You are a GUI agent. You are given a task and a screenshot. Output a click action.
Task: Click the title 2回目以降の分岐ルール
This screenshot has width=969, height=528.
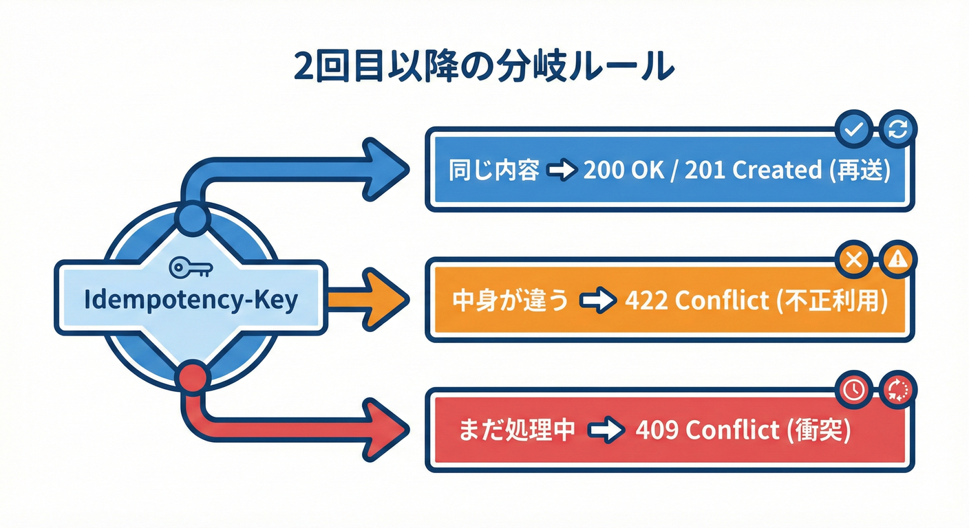(484, 66)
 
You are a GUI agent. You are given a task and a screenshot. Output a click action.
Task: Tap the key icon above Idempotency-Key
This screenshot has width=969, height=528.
(191, 268)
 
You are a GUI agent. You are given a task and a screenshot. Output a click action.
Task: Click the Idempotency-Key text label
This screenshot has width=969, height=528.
(191, 300)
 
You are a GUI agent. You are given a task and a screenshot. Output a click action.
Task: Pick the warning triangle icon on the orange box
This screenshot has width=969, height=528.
(898, 260)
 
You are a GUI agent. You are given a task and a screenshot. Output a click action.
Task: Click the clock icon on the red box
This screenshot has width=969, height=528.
(853, 390)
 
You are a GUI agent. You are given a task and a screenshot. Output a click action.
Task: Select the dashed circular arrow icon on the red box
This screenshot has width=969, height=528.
(898, 390)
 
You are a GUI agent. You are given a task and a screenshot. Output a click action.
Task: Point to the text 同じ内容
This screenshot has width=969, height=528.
(493, 170)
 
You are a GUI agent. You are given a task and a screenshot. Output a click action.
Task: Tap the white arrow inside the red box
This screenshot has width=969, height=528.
(607, 431)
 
